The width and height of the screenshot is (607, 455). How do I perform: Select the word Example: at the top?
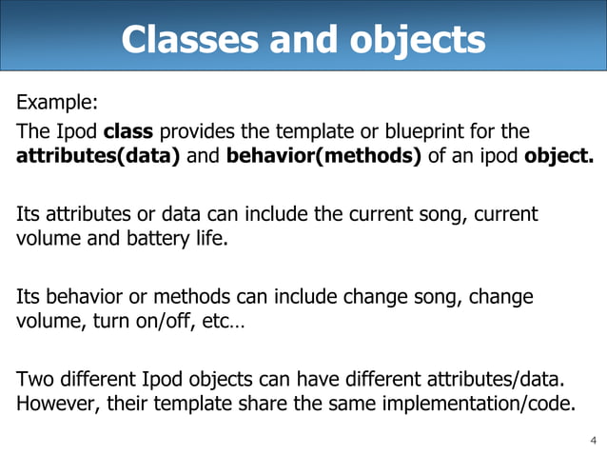pyautogui.click(x=56, y=101)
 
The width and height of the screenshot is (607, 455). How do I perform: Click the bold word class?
pyautogui.click(x=125, y=130)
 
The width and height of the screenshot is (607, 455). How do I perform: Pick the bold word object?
pyautogui.click(x=558, y=155)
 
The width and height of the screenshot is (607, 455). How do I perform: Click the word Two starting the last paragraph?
pyautogui.click(x=34, y=379)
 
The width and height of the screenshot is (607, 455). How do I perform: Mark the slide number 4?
pyautogui.click(x=593, y=440)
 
